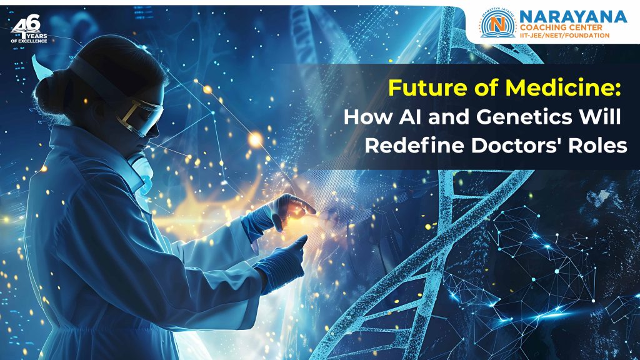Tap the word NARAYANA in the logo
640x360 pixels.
[573, 17]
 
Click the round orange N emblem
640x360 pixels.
[497, 26]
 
